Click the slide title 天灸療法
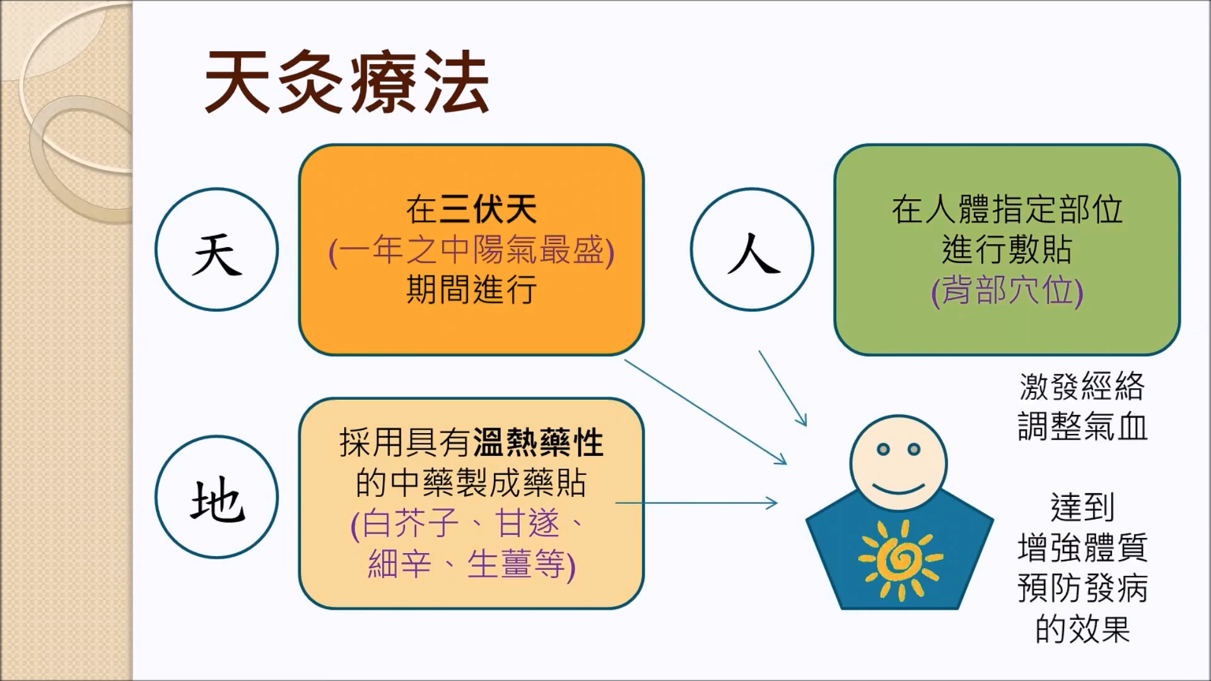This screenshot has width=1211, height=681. tap(347, 83)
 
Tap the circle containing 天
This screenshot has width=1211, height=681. tap(217, 249)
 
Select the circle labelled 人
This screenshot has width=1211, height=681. tap(752, 249)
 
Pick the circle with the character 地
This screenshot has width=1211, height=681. tap(217, 497)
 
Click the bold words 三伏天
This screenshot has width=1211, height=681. tap(488, 209)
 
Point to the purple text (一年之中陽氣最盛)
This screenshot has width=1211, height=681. tap(471, 251)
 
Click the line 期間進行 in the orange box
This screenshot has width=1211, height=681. tap(471, 290)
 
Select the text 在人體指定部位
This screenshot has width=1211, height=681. tap(1007, 209)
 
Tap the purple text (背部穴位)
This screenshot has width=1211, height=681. tap(1007, 291)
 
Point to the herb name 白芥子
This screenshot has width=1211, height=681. tap(411, 523)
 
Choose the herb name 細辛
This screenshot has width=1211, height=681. tap(399, 564)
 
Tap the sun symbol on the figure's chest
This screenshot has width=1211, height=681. tap(900, 559)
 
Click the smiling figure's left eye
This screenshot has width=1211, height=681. tap(884, 450)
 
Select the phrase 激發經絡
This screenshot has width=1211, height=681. tap(1082, 387)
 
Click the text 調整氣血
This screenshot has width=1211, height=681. tap(1082, 426)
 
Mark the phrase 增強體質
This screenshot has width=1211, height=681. tap(1082, 547)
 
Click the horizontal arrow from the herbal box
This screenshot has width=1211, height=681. tap(696, 503)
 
